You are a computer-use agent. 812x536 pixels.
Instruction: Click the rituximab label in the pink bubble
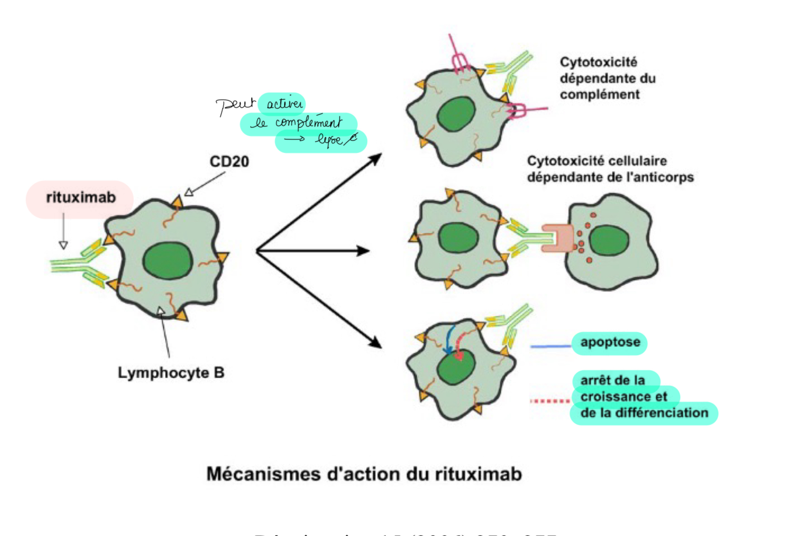(81, 197)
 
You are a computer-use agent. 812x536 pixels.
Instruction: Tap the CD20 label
(229, 161)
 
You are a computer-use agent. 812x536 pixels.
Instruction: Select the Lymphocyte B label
(171, 373)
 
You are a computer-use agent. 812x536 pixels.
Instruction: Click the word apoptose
(610, 342)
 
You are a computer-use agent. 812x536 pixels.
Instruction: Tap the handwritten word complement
(309, 123)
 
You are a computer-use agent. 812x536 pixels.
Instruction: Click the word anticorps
(667, 177)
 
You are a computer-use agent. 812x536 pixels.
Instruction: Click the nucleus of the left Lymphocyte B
(168, 261)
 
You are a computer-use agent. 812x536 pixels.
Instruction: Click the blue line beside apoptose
(550, 346)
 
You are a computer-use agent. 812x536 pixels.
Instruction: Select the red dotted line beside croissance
(550, 401)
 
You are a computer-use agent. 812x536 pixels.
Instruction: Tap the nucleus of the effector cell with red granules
(609, 240)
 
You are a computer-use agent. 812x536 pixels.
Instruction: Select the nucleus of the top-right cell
(456, 114)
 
